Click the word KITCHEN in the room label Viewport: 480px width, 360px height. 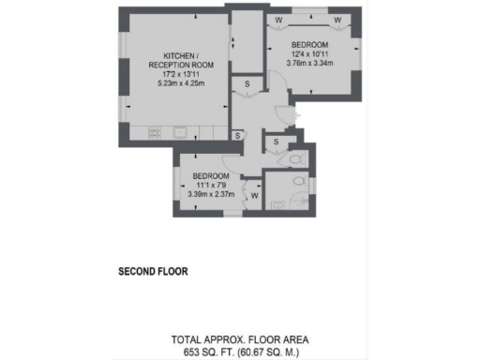coord(177,54)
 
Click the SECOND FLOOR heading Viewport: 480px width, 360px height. coord(153,272)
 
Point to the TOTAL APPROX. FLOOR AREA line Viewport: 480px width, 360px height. coord(239,338)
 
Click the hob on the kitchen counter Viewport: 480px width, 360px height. coord(155,131)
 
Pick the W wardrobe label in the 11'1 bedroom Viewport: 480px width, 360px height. coord(255,195)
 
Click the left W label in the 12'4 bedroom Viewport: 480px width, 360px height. coord(279,20)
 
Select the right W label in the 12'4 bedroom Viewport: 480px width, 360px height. coord(337,20)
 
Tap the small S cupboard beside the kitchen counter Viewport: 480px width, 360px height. coord(237,135)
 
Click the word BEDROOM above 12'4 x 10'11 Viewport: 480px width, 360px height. coord(308,45)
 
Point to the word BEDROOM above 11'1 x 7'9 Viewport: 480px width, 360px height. coord(211,175)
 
